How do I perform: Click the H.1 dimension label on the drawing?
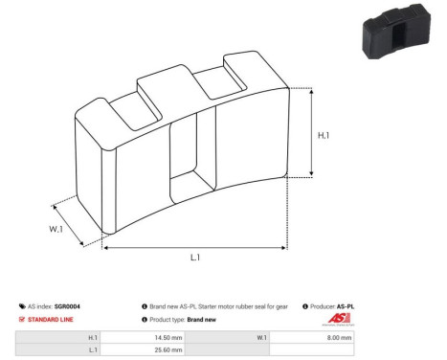(x=325, y=135)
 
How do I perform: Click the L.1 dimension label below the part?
(x=194, y=258)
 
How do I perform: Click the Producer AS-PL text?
(x=331, y=306)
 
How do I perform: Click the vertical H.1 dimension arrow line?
(x=310, y=129)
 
